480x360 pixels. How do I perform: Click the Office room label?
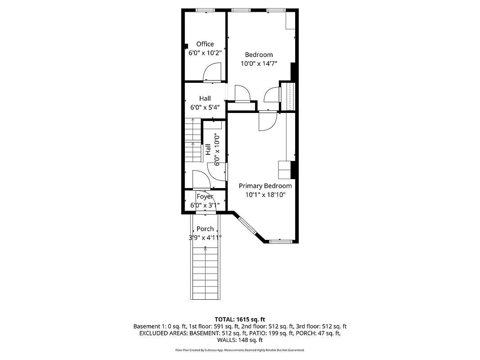(x=205, y=44)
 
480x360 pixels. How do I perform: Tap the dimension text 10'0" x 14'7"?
(x=259, y=63)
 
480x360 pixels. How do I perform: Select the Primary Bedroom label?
(x=265, y=186)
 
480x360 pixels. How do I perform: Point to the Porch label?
(x=205, y=229)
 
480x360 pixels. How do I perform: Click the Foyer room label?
(x=205, y=197)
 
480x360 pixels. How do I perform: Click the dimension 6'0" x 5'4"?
(x=205, y=107)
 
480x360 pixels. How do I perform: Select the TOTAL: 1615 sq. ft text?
(x=240, y=319)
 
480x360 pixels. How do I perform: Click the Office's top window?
(x=205, y=10)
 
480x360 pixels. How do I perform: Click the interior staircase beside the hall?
(x=193, y=140)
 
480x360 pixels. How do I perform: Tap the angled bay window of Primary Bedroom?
(x=247, y=225)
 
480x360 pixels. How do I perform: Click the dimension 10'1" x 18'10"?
(x=265, y=195)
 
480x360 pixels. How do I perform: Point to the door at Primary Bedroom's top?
(x=267, y=121)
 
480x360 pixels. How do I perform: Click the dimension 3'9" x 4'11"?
(x=205, y=238)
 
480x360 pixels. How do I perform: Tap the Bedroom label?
(x=259, y=55)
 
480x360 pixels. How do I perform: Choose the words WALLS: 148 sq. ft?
(x=240, y=340)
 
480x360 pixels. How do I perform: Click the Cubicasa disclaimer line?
(x=240, y=350)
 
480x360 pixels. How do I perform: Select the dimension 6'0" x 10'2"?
(x=205, y=53)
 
